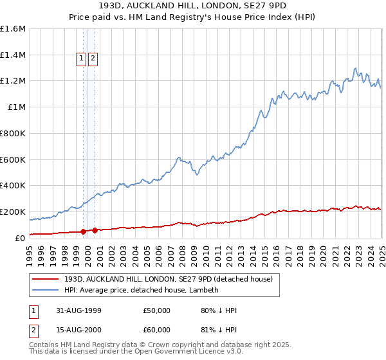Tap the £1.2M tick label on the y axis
tap(12, 81)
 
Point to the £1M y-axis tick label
tap(16, 107)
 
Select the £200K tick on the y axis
tap(12, 212)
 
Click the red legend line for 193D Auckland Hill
tap(46, 279)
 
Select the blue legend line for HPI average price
tap(46, 290)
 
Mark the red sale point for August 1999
tap(84, 231)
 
